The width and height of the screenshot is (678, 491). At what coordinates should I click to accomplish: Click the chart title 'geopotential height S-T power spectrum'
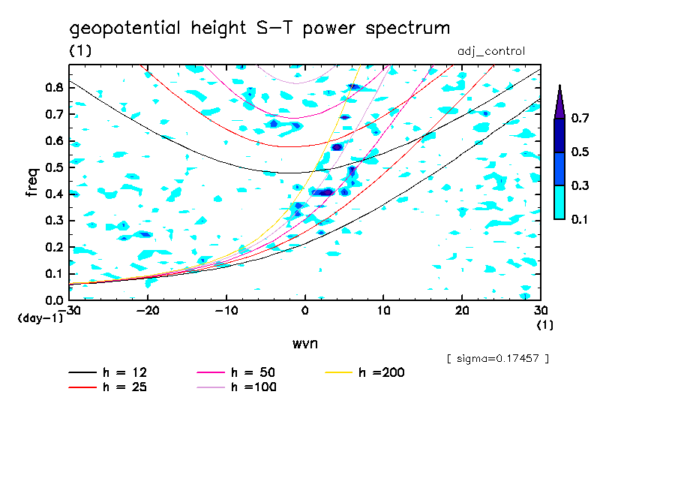click(x=259, y=29)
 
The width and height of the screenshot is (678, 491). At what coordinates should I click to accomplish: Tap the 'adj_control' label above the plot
click(x=490, y=52)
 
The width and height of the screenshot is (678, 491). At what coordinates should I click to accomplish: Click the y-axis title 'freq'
click(x=32, y=182)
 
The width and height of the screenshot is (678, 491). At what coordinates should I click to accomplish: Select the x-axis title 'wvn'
click(x=305, y=343)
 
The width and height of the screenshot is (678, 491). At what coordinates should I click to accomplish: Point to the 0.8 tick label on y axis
click(x=53, y=88)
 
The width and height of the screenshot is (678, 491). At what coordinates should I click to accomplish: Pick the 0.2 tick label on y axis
click(x=53, y=247)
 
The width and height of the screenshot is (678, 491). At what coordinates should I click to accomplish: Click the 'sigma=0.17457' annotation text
click(x=497, y=359)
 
